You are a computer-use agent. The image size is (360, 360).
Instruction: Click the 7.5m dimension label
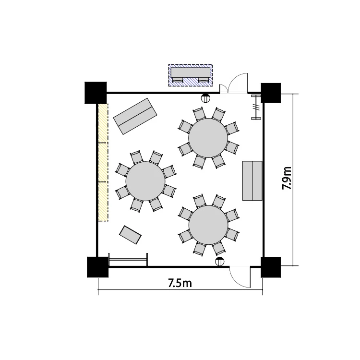coord(180,283)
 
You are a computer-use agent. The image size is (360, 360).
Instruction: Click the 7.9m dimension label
coord(287,178)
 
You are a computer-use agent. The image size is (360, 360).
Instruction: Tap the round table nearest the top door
coord(208,138)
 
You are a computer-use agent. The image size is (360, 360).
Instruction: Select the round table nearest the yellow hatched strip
coord(145,181)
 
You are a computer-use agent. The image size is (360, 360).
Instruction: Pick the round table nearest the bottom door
coord(208,225)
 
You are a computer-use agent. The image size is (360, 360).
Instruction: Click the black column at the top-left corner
coord(96,93)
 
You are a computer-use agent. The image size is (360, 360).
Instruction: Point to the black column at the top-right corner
coord(271,93)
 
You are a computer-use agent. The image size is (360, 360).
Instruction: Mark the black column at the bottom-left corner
coord(97,267)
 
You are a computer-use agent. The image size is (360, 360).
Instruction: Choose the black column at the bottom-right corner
coord(271,267)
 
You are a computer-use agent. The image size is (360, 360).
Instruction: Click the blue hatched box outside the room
coord(191,75)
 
